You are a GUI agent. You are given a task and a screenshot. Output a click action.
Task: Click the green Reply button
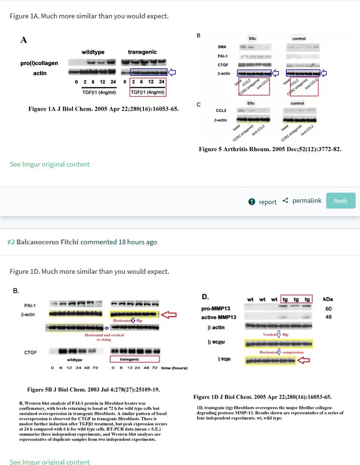click(341, 201)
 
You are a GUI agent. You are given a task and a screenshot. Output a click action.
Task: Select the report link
click(267, 202)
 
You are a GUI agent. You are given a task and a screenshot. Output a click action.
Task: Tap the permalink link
click(306, 200)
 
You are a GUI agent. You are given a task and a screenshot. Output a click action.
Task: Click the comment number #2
click(11, 242)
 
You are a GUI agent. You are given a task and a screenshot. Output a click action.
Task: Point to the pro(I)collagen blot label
click(40, 63)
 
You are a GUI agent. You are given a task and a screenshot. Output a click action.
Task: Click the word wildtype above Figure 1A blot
click(93, 52)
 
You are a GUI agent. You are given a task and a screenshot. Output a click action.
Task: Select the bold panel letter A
click(23, 40)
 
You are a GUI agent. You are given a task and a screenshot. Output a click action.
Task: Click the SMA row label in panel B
click(222, 47)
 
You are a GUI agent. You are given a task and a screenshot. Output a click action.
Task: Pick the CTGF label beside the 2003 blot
click(30, 352)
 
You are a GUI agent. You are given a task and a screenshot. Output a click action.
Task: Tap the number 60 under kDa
click(329, 308)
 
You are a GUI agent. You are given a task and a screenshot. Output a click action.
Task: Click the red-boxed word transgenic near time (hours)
click(134, 359)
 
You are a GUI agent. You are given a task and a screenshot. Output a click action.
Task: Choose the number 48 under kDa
click(329, 317)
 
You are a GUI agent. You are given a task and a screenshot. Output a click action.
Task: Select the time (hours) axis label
click(174, 368)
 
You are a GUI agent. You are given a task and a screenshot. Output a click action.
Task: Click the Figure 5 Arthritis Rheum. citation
click(270, 149)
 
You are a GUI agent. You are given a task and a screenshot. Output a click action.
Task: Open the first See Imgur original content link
click(49, 164)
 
